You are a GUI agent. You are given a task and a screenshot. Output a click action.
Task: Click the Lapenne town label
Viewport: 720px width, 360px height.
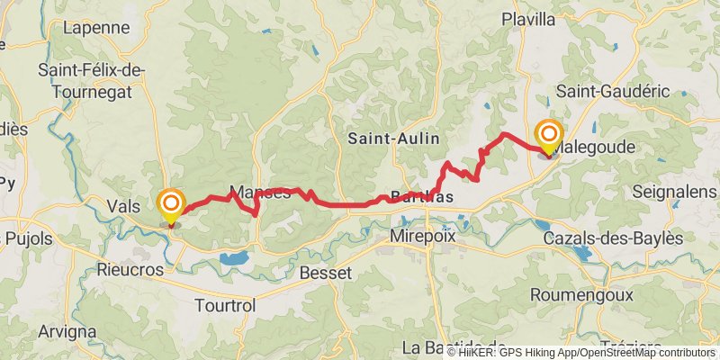[x=95, y=27]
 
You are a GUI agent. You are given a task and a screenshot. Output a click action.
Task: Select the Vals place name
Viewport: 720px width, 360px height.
[x=122, y=205]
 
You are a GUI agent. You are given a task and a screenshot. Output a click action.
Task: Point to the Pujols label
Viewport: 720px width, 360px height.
[x=29, y=238]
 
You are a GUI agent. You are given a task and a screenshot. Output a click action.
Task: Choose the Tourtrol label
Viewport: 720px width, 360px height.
[x=225, y=306]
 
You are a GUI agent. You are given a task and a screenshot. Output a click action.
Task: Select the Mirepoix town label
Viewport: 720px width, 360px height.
[x=426, y=236]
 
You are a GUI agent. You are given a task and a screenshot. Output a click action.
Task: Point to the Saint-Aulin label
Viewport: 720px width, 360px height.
[x=394, y=138]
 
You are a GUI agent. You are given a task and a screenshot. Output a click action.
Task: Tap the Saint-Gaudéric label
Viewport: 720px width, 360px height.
[x=615, y=91]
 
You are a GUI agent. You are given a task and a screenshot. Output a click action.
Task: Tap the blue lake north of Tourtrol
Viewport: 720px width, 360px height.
[x=234, y=259]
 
